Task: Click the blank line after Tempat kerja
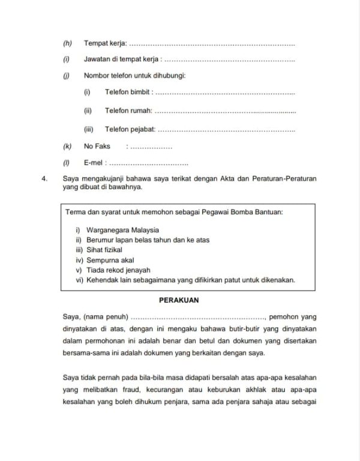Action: point(212,44)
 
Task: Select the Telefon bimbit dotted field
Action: point(225,93)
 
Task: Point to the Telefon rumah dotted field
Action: point(225,111)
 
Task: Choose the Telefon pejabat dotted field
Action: point(226,130)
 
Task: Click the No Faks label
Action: point(97,146)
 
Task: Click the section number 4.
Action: point(43,179)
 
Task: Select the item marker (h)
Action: point(67,43)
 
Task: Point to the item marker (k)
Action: point(67,146)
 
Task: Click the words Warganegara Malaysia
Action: point(122,230)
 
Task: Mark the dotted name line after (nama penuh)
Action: point(198,316)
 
